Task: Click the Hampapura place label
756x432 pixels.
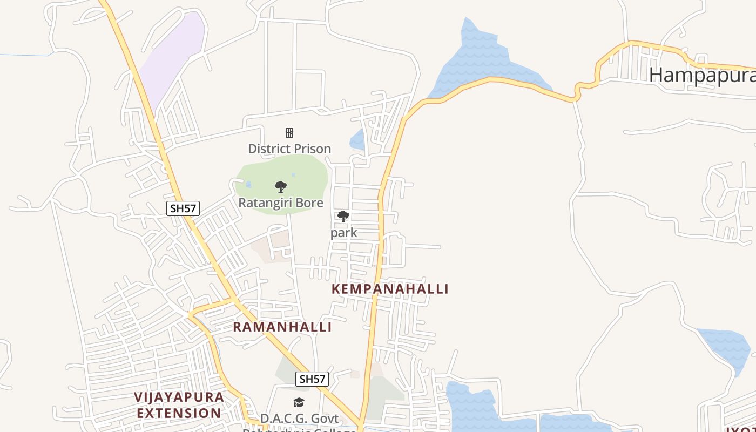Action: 702,75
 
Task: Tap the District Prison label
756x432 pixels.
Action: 289,148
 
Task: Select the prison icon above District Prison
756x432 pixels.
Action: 289,133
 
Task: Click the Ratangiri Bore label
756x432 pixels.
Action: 281,203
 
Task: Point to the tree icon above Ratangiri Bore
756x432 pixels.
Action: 280,187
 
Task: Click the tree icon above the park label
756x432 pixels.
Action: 343,217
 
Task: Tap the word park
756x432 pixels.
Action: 344,233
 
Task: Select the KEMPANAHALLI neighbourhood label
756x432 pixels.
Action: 390,289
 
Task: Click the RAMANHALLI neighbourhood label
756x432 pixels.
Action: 282,327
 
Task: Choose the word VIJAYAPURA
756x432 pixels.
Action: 179,397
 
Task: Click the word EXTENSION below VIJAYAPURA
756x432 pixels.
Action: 179,414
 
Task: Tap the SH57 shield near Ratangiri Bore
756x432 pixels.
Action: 183,208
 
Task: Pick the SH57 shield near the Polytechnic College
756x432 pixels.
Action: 312,379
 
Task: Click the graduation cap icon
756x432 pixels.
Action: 299,402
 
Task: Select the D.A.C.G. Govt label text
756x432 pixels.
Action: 299,418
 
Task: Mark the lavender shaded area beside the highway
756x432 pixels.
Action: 173,54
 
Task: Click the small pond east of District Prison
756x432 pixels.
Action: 357,140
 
